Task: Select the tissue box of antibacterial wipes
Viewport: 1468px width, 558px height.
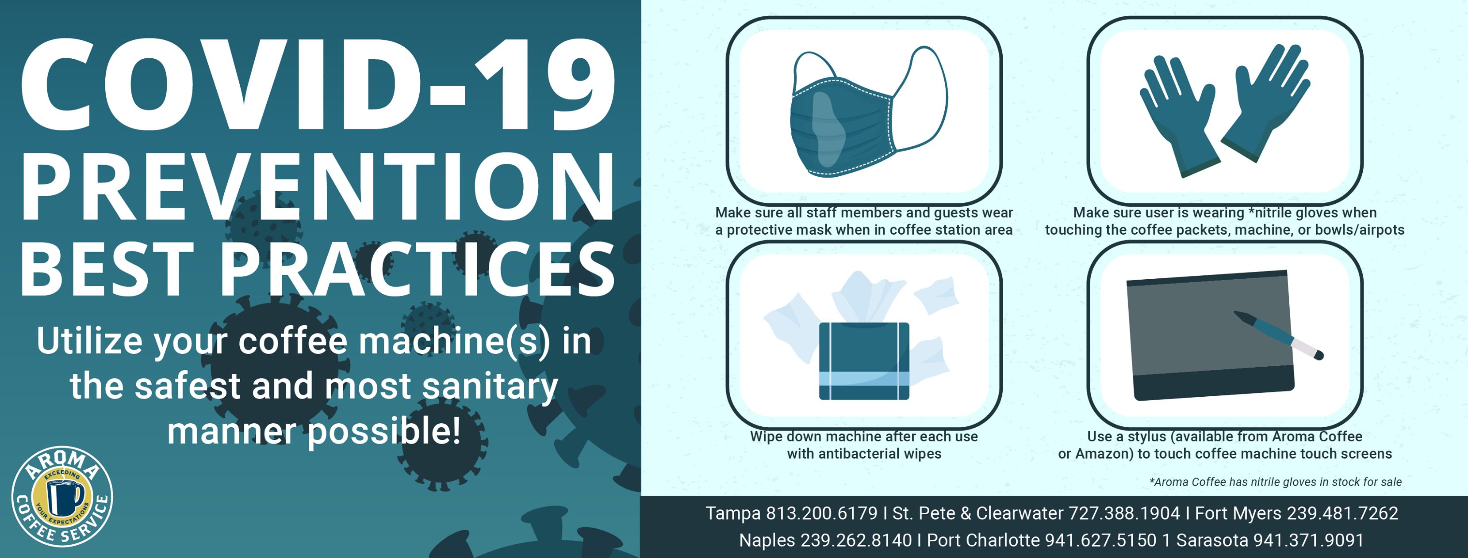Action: (864, 361)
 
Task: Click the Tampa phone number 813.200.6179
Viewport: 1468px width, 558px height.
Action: (821, 513)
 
